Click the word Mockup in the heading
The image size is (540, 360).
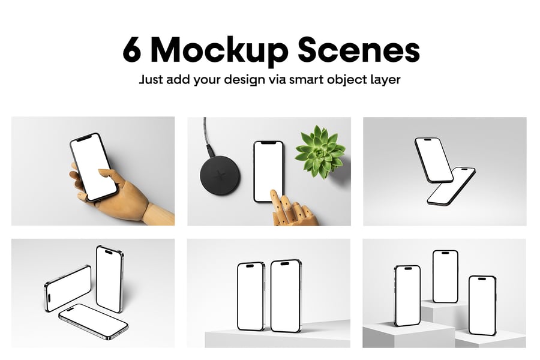tap(219, 52)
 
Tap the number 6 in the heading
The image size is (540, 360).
tap(132, 50)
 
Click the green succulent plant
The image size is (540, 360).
tap(320, 152)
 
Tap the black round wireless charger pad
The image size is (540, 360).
tap(220, 175)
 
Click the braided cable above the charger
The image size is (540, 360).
tap(208, 137)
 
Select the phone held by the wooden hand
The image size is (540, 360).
tap(94, 167)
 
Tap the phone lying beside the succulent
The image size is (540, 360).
tap(268, 171)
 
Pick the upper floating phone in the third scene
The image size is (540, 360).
tap(434, 160)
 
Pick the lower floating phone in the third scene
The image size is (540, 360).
tap(451, 186)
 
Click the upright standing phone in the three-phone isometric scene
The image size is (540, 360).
tap(110, 278)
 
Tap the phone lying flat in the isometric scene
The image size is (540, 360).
tap(94, 321)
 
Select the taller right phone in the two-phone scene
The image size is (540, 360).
tap(286, 296)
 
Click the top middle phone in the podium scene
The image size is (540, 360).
tap(445, 276)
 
